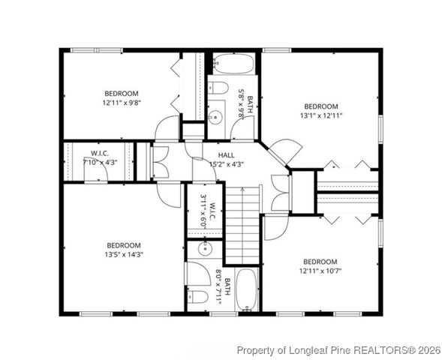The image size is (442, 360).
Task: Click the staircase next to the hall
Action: [x=243, y=226]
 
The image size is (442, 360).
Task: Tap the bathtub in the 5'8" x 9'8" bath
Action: [x=232, y=63]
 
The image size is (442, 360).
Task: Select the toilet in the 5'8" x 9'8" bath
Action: [x=218, y=88]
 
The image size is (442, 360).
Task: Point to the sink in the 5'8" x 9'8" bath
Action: [x=215, y=117]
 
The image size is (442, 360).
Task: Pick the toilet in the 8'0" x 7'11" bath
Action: [x=197, y=295]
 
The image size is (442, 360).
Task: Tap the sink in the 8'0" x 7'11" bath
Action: [x=203, y=248]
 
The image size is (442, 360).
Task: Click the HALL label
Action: [x=216, y=154]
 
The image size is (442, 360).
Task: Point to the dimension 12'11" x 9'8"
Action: [x=122, y=102]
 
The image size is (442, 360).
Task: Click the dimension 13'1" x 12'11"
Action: [x=321, y=115]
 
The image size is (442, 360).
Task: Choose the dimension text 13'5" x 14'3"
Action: [x=123, y=254]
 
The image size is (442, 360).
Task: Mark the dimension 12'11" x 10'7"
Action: [x=320, y=271]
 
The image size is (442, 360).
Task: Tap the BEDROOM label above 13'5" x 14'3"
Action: [x=123, y=245]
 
